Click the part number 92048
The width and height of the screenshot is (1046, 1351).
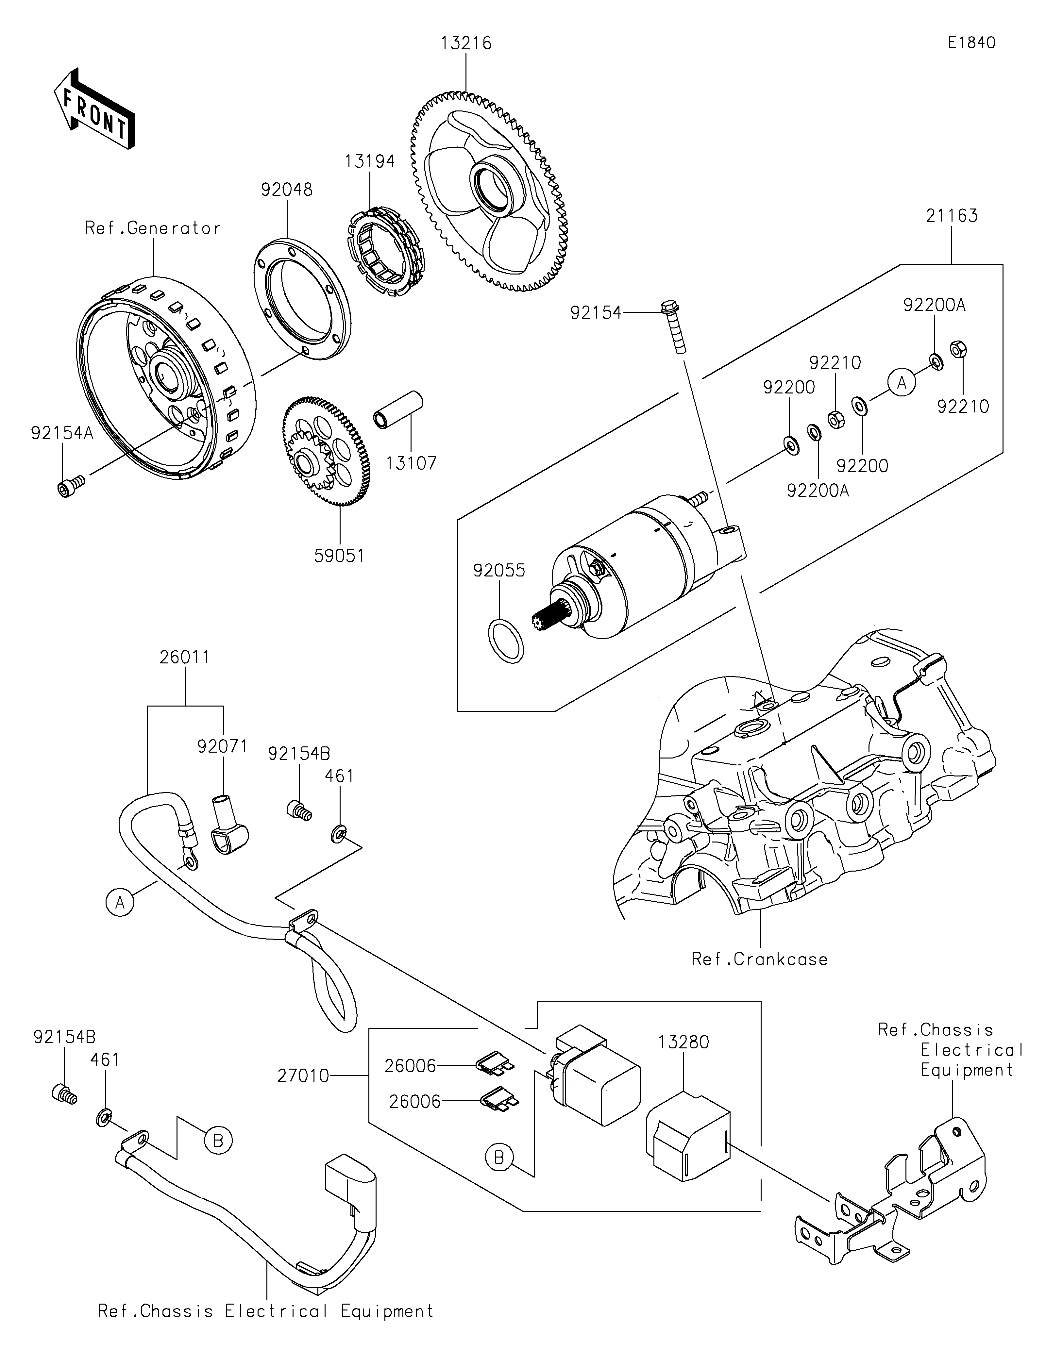pyautogui.click(x=286, y=190)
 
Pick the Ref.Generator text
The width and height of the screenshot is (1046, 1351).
pyautogui.click(x=153, y=228)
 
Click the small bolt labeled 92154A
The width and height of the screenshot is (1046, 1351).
pyautogui.click(x=66, y=489)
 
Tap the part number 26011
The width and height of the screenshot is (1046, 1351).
pyautogui.click(x=185, y=657)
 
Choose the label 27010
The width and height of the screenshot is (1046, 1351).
pyautogui.click(x=303, y=1076)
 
